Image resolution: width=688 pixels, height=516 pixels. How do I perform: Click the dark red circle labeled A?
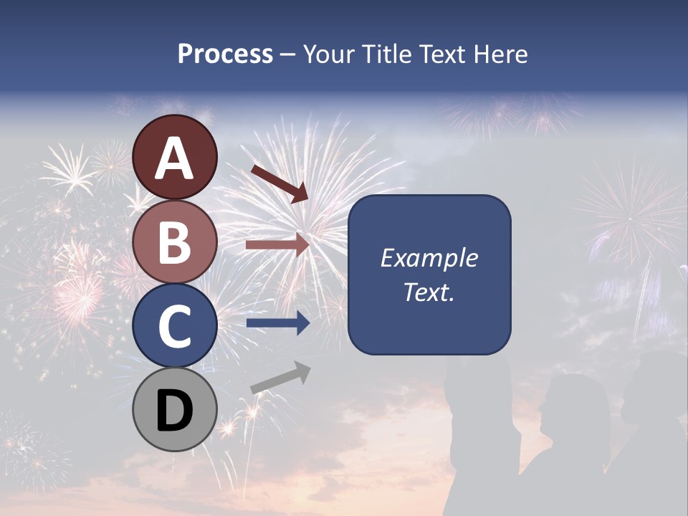point(175,157)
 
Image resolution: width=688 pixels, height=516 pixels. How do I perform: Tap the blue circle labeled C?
point(175,325)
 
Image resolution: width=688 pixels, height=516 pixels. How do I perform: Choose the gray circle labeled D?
point(175,410)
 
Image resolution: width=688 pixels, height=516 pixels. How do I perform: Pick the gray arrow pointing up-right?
point(280,378)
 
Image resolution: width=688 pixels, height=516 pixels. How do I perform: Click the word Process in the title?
point(225,54)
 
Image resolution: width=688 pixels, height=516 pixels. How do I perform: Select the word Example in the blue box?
point(429,258)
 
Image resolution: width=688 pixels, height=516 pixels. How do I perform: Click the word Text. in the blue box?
point(429,292)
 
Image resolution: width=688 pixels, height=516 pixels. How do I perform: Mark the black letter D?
point(175,411)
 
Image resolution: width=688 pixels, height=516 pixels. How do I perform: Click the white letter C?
point(175,327)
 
